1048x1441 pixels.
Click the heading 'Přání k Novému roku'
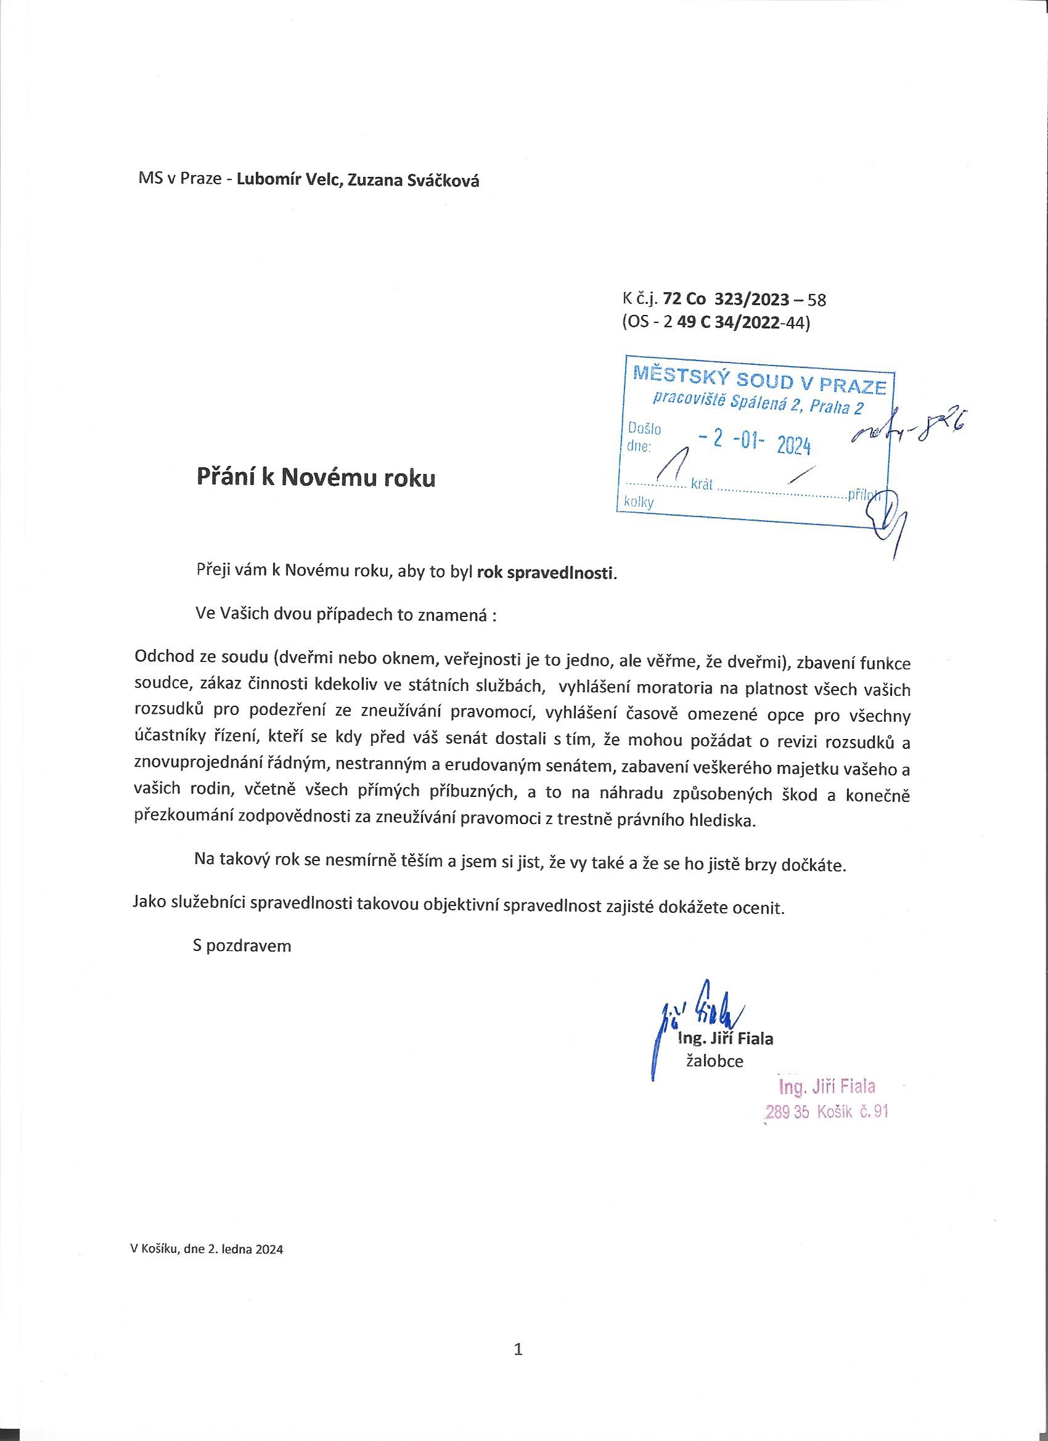(x=316, y=478)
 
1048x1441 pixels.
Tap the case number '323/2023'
(x=752, y=299)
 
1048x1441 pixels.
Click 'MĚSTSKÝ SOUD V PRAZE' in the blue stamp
(x=759, y=382)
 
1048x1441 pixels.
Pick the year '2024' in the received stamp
(x=794, y=447)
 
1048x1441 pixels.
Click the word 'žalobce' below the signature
(x=715, y=1061)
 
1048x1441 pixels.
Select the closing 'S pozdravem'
(x=242, y=945)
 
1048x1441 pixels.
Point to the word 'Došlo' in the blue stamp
(x=644, y=429)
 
